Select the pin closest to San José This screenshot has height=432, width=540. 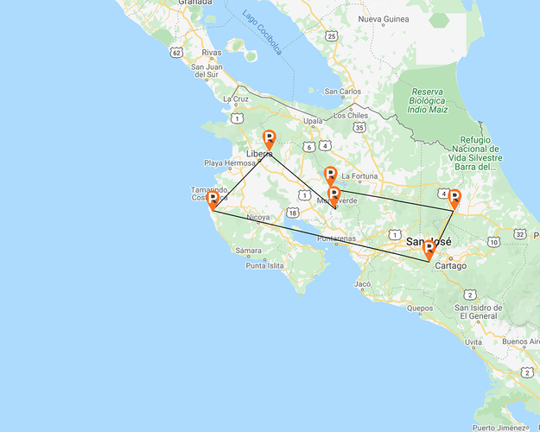pos(429,251)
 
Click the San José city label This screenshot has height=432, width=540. pos(429,242)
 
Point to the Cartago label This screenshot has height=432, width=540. pos(451,265)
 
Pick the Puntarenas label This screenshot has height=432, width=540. pos(337,238)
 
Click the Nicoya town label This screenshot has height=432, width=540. pos(257,218)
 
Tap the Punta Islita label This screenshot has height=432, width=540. pos(264,265)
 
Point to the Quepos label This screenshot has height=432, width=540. pos(420,308)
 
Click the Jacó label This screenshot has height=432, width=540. pos(363,283)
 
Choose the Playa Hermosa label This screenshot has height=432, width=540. pos(229,162)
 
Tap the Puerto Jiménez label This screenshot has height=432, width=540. pos(499,427)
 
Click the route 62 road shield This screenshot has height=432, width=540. pos(177,53)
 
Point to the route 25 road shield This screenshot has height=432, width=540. pos(333,36)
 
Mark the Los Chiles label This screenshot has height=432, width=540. pos(351,115)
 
